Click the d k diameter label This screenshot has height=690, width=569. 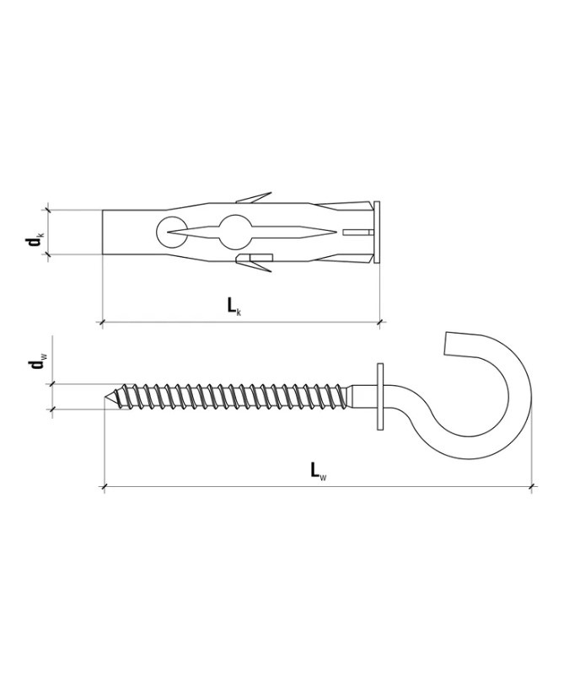pos(35,240)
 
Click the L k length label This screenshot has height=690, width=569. pos(234,307)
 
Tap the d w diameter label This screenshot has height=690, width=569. pos(35,363)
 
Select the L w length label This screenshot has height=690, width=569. pos(319,471)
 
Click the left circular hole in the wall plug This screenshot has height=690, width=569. pos(170,232)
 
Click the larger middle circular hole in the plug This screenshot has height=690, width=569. pos(234,232)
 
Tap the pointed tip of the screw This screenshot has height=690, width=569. pos(105,398)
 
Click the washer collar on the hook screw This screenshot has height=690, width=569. pos(380,396)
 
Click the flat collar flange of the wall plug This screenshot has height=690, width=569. pos(377,233)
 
